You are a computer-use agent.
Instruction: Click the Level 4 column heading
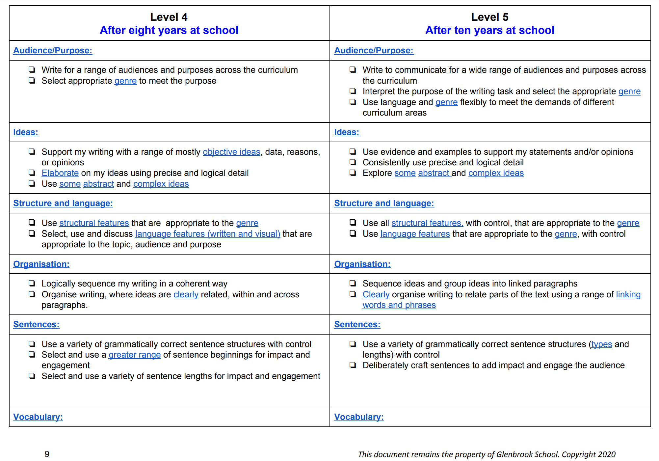point(169,17)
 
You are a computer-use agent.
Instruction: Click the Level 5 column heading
point(489,17)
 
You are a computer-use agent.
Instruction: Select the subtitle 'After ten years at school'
point(489,30)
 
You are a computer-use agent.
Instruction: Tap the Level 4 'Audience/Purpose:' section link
point(53,50)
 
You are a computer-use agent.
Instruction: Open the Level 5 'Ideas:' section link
point(347,132)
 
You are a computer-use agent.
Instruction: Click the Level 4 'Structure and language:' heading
point(63,203)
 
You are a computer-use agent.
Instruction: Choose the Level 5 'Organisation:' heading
point(362,264)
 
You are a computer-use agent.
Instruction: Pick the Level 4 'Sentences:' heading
point(36,324)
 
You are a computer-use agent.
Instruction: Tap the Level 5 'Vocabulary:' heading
point(359,417)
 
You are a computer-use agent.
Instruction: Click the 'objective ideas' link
point(231,152)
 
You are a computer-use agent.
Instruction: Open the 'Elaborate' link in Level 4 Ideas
point(60,173)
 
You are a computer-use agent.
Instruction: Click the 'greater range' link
point(134,355)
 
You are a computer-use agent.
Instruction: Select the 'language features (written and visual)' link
point(207,234)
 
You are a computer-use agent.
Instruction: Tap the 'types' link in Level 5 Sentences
point(601,344)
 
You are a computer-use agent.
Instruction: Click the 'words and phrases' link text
point(399,305)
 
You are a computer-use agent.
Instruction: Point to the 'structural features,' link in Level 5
point(427,223)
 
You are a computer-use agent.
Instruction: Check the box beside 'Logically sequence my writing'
point(32,283)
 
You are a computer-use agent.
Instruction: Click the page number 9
point(47,454)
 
